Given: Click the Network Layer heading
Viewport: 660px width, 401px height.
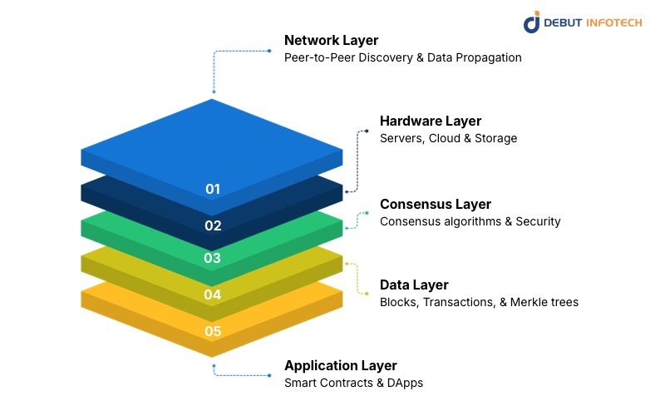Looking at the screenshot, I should click(332, 40).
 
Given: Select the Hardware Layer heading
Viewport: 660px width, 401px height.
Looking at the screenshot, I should click(431, 121).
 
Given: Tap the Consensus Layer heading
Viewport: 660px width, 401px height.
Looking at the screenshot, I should click(436, 204).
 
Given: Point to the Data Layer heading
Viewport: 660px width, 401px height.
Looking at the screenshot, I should click(414, 285).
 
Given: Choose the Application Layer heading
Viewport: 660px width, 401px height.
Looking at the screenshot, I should click(341, 365).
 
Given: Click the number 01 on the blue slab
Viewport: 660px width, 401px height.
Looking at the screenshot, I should click(213, 189).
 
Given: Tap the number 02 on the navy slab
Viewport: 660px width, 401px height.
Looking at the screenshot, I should click(213, 225).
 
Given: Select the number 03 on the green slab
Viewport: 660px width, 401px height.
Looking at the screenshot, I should click(213, 258).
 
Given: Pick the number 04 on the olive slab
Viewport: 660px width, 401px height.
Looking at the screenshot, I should click(213, 295).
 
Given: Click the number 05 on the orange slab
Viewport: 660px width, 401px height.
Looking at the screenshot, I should click(213, 331).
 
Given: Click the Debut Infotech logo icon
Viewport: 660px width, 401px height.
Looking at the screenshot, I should click(532, 22).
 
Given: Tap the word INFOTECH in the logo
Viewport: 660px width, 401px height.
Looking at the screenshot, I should click(613, 22).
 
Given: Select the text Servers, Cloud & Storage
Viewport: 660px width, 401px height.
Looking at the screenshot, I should click(448, 138).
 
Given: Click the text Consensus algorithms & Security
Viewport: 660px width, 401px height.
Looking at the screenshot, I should click(470, 221).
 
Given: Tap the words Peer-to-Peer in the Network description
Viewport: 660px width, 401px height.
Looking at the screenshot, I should click(318, 57).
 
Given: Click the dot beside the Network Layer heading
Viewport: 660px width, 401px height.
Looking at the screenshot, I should click(269, 51).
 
